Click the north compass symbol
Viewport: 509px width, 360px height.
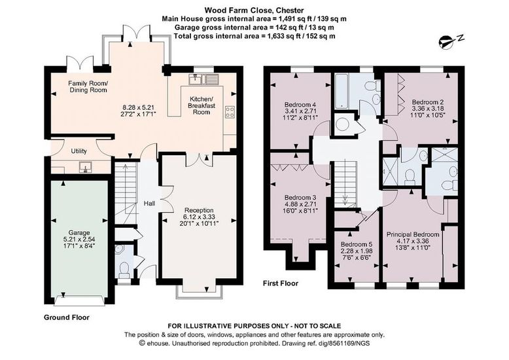click(451, 41)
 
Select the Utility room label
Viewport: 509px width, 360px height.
click(79, 151)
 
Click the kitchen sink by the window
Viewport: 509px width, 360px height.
click(204, 79)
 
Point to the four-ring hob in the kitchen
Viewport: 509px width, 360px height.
click(230, 113)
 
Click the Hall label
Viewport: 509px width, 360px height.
click(149, 204)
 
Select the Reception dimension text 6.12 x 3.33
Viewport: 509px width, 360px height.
click(199, 217)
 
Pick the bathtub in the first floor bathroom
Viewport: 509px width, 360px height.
click(342, 91)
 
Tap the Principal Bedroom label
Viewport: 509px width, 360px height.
click(413, 234)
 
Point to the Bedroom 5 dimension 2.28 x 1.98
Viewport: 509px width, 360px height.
click(357, 251)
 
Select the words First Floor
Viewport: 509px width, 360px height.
click(281, 283)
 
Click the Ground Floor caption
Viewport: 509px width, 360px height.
click(67, 317)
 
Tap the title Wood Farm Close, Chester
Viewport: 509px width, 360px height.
click(254, 10)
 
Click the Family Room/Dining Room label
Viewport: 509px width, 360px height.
click(88, 87)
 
